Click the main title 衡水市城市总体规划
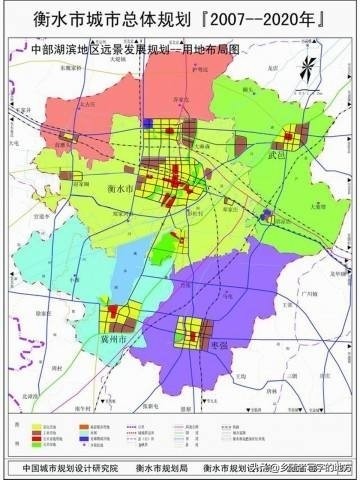point(106,19)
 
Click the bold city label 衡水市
point(119,188)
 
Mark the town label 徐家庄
point(45,311)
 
